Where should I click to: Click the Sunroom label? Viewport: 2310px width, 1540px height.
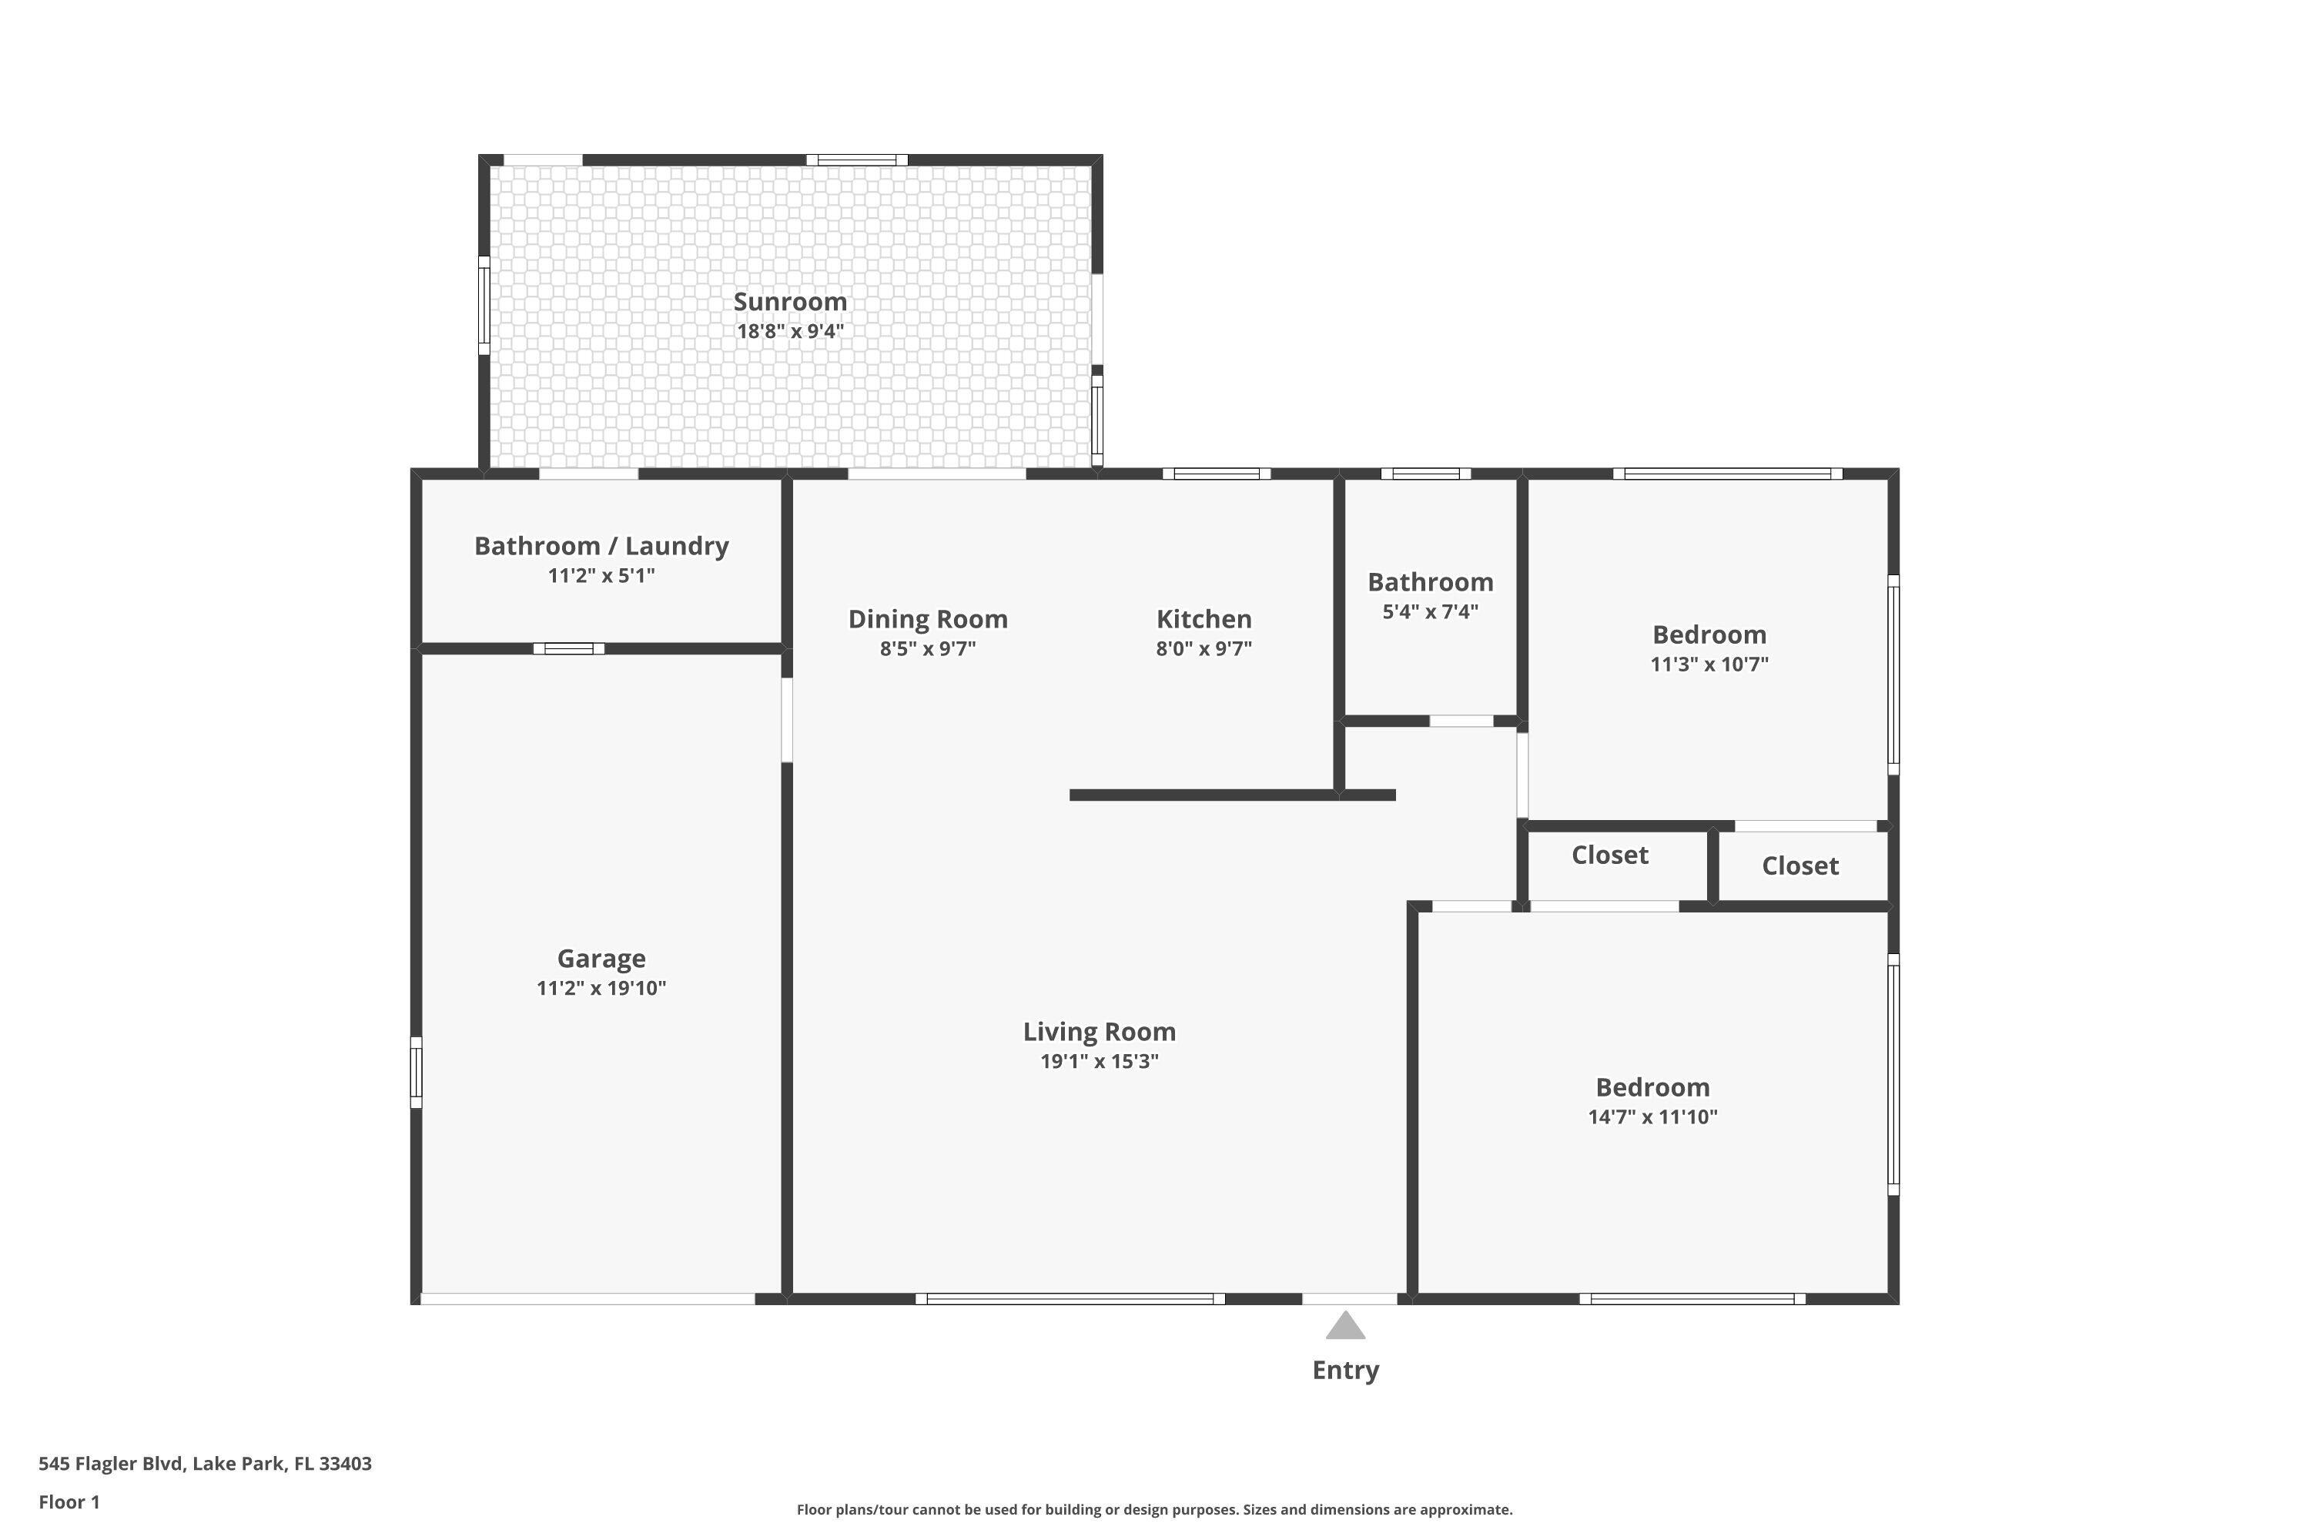coord(790,302)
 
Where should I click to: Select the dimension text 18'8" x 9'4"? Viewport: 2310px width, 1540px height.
coord(790,332)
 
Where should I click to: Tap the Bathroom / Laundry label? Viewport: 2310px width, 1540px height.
coord(601,546)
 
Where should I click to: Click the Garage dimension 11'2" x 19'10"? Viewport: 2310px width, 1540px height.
coord(601,988)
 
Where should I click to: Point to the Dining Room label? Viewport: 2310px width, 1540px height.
coord(927,619)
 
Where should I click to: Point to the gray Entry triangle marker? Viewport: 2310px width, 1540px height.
coord(1344,1327)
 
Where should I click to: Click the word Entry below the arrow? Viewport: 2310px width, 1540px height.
coord(1344,1370)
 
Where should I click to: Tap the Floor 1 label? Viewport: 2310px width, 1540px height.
coord(69,1501)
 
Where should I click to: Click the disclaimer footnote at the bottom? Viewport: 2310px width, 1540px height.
coord(1154,1509)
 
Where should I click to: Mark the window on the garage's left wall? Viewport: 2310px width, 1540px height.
coord(417,1073)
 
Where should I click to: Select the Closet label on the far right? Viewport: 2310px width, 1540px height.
coord(1799,865)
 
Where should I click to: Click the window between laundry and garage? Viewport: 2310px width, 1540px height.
coord(569,648)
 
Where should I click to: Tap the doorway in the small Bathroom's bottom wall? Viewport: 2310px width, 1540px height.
coord(1461,721)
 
